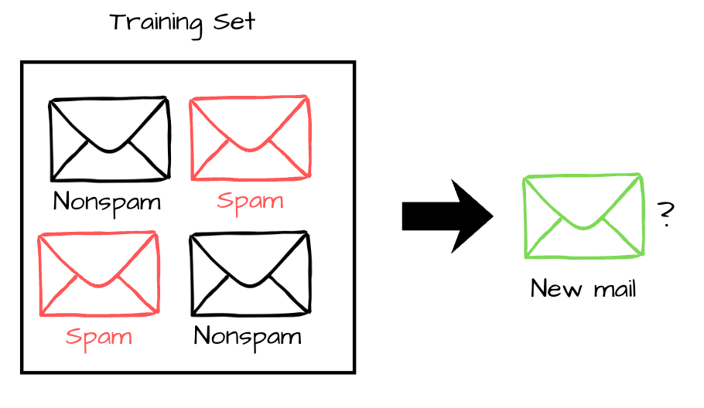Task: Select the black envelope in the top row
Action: coord(109,138)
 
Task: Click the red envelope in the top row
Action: coord(250,138)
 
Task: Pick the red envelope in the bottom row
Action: coord(98,274)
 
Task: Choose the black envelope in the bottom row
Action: coord(250,274)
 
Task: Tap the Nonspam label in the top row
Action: coord(108,202)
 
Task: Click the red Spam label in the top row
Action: coord(250,202)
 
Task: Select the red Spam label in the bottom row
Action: coord(98,337)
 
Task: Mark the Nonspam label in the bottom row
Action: coord(248,337)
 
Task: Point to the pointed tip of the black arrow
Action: coord(492,216)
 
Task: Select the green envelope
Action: coord(583,216)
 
